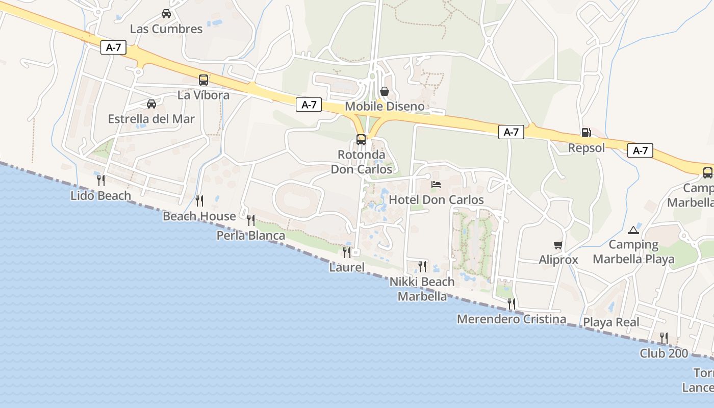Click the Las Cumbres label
(166, 29)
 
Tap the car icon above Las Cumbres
(166, 14)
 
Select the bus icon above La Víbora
(203, 80)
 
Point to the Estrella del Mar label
(151, 119)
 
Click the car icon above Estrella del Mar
(151, 104)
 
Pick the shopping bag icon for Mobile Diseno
(385, 91)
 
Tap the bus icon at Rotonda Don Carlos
(361, 139)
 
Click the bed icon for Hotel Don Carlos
(436, 185)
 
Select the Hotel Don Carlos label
(436, 200)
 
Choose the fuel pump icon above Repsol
(586, 133)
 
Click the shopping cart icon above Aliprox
(558, 245)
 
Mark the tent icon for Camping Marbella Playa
(633, 230)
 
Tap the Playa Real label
(611, 322)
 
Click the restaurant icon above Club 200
(664, 338)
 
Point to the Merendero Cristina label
(511, 319)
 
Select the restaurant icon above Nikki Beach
(422, 266)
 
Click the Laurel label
(347, 267)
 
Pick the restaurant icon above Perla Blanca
(250, 220)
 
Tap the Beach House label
(199, 216)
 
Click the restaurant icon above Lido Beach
(101, 180)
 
